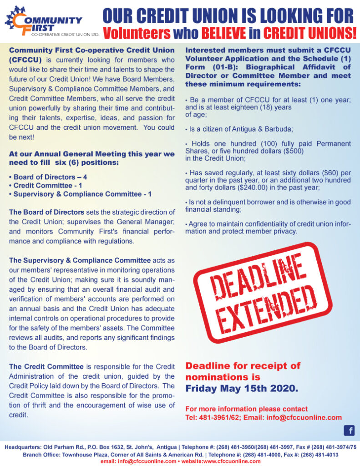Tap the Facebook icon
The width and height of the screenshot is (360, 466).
pyautogui.click(x=349, y=431)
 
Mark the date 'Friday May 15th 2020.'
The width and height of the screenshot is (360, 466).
pyautogui.click(x=242, y=388)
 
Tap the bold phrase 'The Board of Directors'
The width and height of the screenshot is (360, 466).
pyautogui.click(x=46, y=212)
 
